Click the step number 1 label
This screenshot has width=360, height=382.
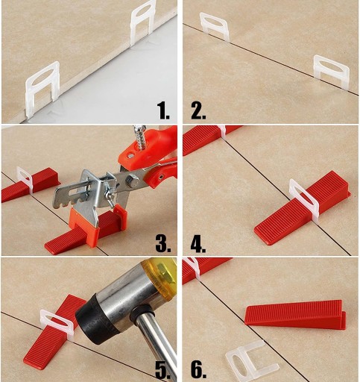point(163,111)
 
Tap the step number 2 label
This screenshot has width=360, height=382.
point(198,111)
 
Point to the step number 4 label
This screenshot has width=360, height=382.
point(198,244)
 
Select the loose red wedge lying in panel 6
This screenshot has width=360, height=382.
point(295,314)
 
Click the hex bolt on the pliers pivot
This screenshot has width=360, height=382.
point(133,181)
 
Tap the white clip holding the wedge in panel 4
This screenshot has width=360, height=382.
point(304,201)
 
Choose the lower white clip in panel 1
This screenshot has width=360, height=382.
point(42,88)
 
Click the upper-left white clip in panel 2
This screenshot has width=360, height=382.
point(214,26)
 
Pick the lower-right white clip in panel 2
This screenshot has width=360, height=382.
point(332,72)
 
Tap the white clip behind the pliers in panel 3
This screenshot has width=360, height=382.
point(25,180)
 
